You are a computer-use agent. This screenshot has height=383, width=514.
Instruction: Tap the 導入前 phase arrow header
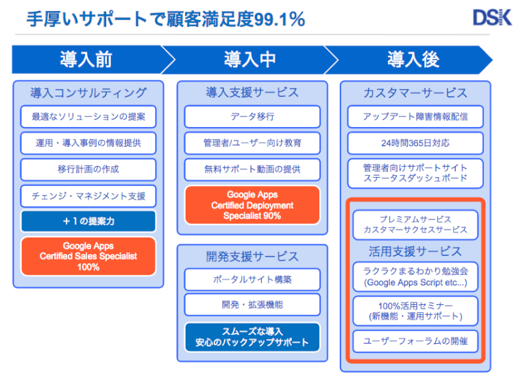tap(88, 60)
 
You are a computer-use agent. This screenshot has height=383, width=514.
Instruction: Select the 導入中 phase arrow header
tap(249, 60)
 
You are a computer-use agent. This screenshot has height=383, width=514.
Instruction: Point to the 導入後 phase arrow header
tap(413, 60)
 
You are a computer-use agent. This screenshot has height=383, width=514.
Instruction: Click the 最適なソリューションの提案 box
tap(88, 116)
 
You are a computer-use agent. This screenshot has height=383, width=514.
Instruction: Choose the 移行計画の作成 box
tap(88, 169)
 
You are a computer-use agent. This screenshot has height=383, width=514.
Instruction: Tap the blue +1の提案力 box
tap(88, 221)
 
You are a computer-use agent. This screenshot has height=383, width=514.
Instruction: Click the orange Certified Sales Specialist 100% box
tap(88, 256)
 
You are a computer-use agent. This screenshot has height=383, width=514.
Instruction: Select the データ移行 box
tap(252, 117)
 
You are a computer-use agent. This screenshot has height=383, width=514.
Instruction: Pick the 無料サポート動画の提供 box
tap(252, 169)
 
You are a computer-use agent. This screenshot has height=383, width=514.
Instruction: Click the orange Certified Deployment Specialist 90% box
tap(252, 205)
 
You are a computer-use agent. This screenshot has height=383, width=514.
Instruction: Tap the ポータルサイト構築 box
tap(252, 280)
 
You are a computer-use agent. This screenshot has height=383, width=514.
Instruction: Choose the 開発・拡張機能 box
tap(252, 305)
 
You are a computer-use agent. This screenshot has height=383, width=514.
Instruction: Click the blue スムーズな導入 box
tap(252, 336)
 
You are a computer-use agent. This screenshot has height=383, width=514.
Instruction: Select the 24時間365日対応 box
tap(415, 143)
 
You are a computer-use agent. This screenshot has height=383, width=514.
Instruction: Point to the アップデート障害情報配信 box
tap(415, 117)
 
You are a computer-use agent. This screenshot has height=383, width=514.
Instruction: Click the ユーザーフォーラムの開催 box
tap(415, 341)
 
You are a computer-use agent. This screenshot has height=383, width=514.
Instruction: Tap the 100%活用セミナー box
tap(415, 310)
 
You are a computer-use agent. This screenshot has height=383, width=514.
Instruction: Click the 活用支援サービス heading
tap(415, 251)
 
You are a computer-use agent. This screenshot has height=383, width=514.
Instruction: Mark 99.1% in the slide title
tap(278, 19)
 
